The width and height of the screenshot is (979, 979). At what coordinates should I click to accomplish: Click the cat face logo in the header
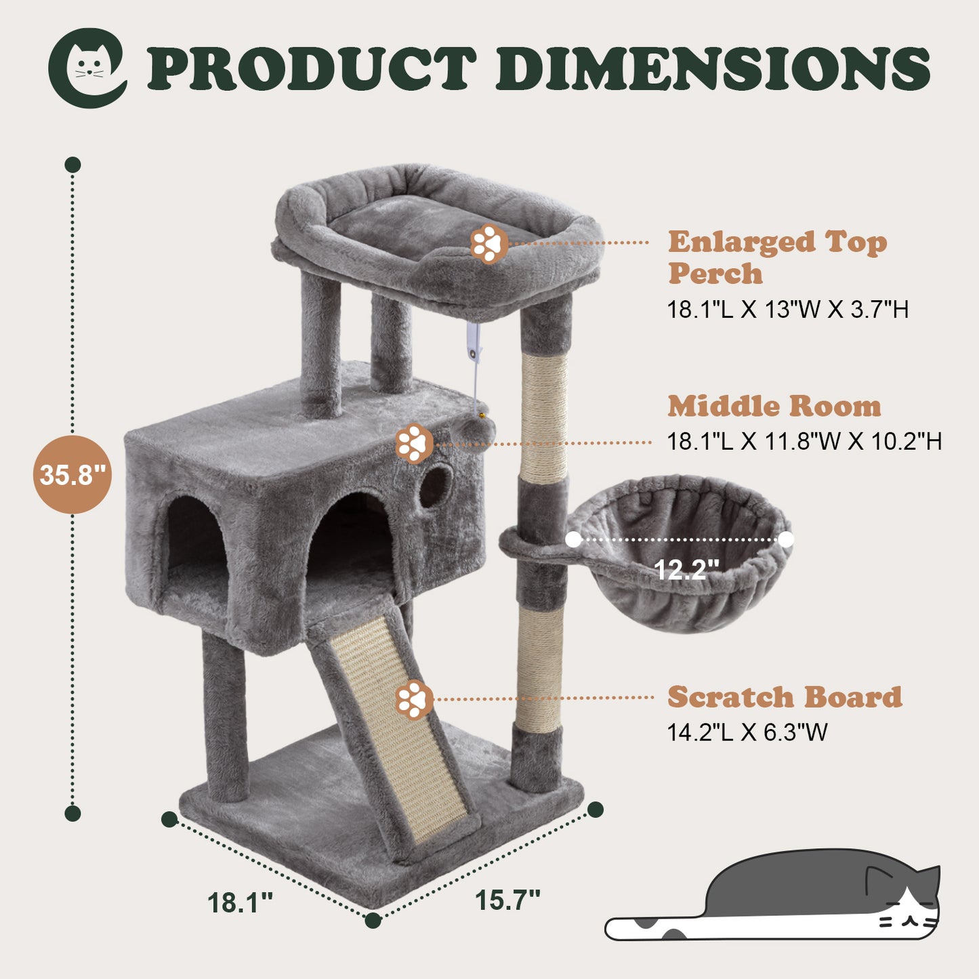(87, 68)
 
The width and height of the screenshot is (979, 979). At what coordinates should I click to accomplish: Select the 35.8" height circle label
(72, 474)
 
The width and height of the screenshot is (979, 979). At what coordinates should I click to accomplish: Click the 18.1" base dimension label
(240, 903)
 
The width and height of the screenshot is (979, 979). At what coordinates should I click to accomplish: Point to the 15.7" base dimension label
(507, 900)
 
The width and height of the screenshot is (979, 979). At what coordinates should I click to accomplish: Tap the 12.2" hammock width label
(687, 569)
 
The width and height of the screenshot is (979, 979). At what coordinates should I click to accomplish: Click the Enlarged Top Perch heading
(777, 257)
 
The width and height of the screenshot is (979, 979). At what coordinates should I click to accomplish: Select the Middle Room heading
(774, 407)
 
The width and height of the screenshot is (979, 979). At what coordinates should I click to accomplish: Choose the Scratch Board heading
(785, 696)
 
